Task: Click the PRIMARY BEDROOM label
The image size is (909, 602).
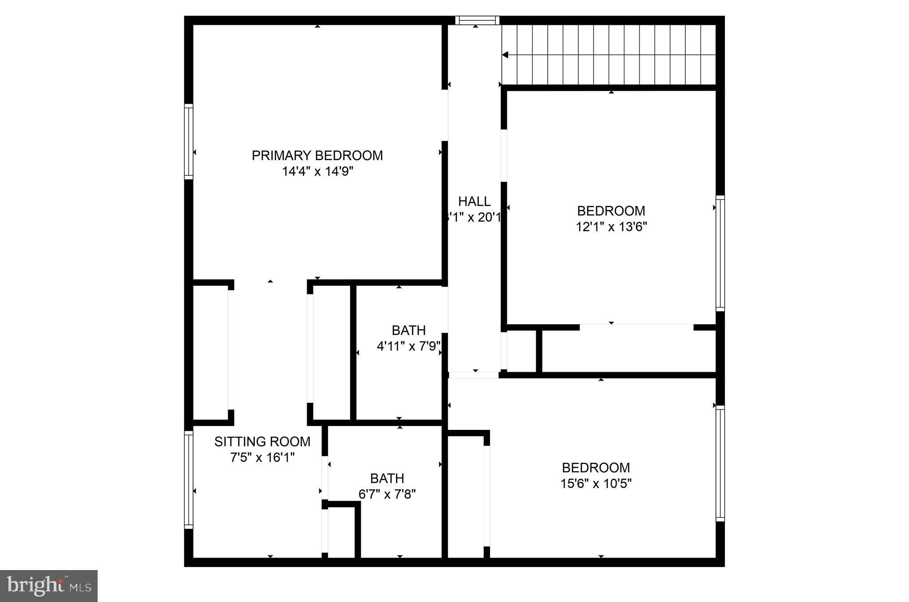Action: [x=317, y=155]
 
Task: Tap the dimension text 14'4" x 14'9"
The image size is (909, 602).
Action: [x=317, y=171]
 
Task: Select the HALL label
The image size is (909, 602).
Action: [x=474, y=201]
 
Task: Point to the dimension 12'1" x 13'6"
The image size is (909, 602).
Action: [x=611, y=227]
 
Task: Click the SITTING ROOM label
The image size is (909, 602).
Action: [x=262, y=441]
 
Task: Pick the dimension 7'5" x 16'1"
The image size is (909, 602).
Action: [x=262, y=457]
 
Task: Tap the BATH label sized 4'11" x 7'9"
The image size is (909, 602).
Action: [x=408, y=330]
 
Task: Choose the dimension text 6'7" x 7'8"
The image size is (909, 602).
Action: [x=387, y=494]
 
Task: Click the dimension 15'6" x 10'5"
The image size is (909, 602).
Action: [x=596, y=484]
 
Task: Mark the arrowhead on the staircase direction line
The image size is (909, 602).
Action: [x=505, y=55]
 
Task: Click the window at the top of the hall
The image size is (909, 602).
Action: [x=477, y=20]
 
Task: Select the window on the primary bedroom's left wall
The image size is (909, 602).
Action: [x=189, y=142]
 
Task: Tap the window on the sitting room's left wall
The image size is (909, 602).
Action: [x=189, y=479]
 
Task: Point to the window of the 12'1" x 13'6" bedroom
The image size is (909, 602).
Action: [x=720, y=253]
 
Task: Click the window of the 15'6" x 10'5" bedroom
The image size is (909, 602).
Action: [x=720, y=463]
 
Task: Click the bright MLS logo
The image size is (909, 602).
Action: [x=49, y=586]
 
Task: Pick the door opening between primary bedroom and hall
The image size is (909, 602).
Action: [x=445, y=115]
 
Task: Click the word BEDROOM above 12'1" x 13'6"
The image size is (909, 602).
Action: [x=611, y=211]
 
